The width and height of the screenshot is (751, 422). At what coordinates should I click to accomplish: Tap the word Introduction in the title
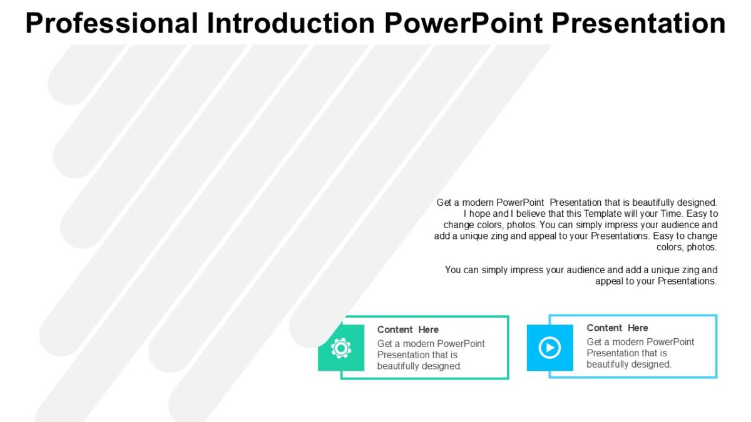coord(291,23)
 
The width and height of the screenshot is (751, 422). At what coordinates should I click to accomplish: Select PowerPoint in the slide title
coord(464,23)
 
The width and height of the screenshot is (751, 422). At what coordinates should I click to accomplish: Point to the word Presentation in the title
coord(639,23)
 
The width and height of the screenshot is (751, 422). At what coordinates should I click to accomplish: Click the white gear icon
coord(341,348)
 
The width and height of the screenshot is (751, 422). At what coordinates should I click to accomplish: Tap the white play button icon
coord(549,348)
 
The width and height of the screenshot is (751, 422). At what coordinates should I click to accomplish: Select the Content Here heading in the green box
coord(407,329)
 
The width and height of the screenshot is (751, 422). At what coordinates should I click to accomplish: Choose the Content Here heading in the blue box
coord(617,328)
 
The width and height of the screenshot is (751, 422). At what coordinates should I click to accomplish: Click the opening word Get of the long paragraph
coord(444,203)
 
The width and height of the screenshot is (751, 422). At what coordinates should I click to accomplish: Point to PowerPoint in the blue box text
coord(670,342)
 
